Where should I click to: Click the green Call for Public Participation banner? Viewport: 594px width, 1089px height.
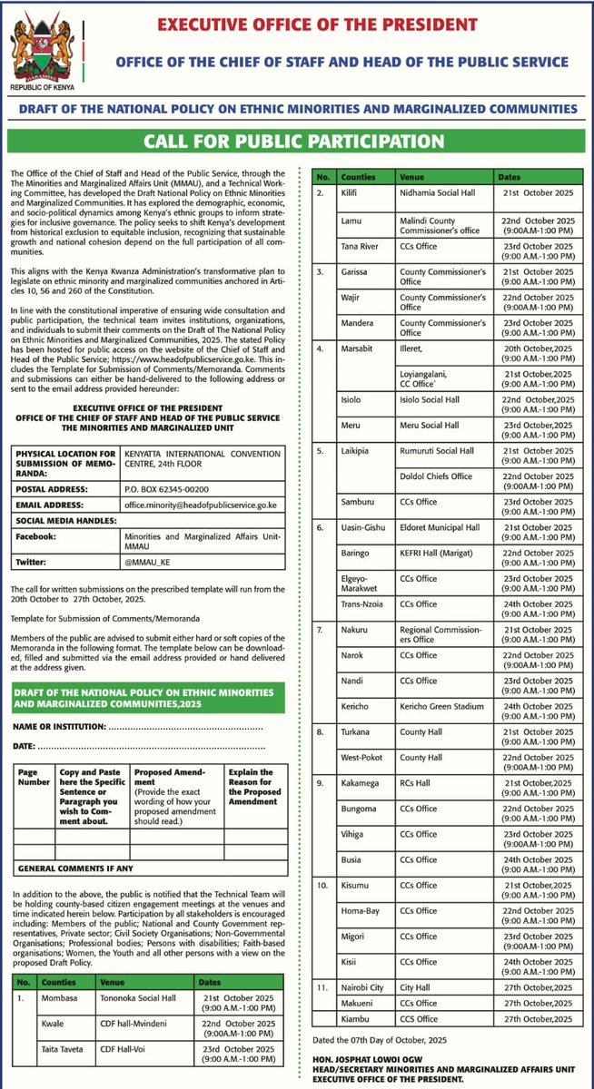(x=297, y=142)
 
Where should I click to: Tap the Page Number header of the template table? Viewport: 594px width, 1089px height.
(x=28, y=775)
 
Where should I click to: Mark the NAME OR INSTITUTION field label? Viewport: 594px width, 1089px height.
(x=58, y=728)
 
